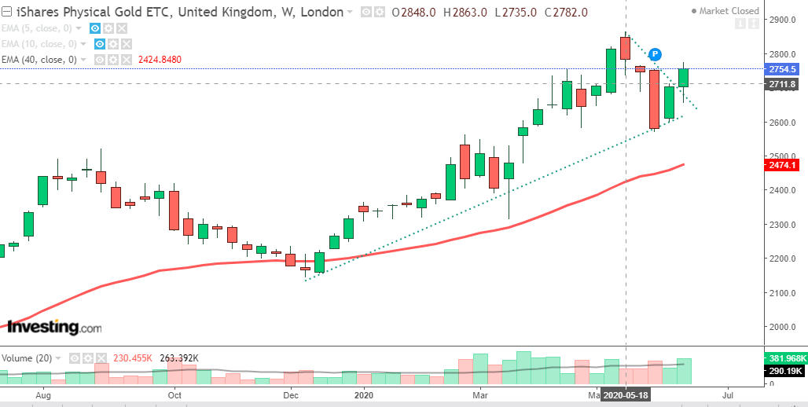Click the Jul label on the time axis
(728, 397)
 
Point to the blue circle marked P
(655, 54)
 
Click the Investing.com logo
(54, 327)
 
